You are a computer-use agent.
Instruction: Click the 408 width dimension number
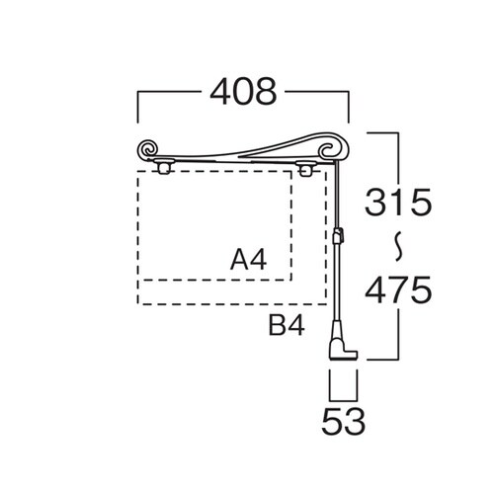(x=243, y=92)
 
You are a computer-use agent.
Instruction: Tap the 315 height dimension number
(x=398, y=202)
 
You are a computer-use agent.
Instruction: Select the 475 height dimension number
(x=398, y=289)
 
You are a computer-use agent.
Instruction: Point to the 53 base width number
(x=344, y=422)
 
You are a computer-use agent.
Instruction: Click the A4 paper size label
(x=249, y=260)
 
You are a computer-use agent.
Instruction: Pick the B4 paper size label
(x=287, y=325)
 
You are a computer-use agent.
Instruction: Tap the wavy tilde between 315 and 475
(x=399, y=246)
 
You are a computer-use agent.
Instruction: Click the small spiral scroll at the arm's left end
(x=148, y=149)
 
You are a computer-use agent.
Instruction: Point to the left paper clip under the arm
(x=164, y=166)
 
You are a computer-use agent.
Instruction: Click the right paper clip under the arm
(x=304, y=168)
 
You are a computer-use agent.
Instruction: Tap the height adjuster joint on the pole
(x=338, y=235)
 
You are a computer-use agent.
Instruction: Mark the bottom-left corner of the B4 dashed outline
(x=138, y=303)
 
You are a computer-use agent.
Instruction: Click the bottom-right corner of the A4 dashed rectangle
(x=291, y=280)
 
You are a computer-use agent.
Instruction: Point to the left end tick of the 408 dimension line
(x=138, y=107)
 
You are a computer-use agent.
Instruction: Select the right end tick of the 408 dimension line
(x=348, y=107)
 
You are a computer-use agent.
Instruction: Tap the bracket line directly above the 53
(x=343, y=400)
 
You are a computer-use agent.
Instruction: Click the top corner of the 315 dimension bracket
(x=399, y=132)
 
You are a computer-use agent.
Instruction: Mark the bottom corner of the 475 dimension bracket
(x=399, y=360)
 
